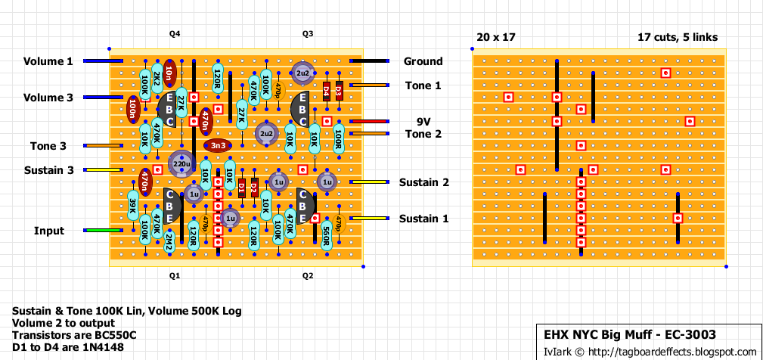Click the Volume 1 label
[48, 61]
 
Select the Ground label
[423, 61]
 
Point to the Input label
[48, 231]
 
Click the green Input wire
[98, 231]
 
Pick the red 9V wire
[368, 122]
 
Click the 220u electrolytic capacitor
[181, 163]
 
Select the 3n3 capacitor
[218, 145]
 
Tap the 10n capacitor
[169, 73]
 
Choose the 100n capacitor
[133, 110]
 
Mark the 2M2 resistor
[169, 243]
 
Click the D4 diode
[327, 92]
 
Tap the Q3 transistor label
[308, 35]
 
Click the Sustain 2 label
[424, 182]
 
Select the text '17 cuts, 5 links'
[678, 37]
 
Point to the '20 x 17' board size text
[494, 37]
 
